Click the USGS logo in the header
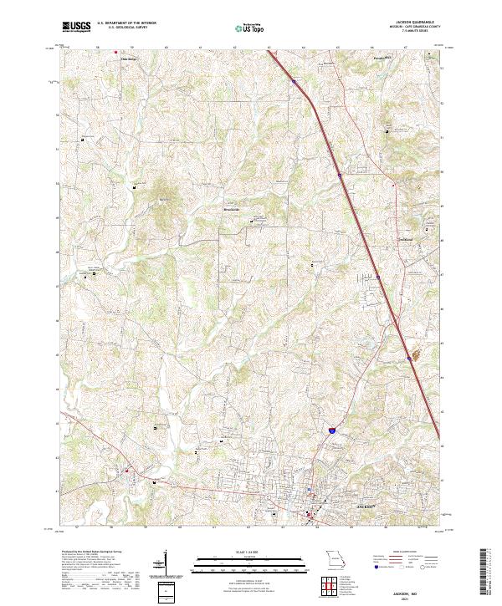coord(76,28)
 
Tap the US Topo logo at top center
coord(250,29)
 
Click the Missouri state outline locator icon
coord(334,558)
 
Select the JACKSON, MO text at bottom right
coord(416,588)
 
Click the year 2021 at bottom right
coord(416,595)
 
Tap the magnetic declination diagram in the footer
coord(167,563)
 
